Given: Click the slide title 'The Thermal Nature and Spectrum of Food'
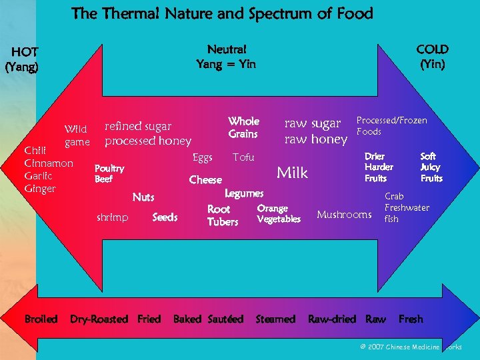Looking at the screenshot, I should click(222, 13).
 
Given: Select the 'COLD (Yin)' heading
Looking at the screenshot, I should click(432, 57).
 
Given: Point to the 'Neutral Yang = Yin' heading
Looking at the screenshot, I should click(226, 57).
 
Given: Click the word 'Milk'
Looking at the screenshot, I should click(292, 173).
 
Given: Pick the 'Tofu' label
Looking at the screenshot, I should click(243, 157).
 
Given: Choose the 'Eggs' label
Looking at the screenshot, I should click(202, 157).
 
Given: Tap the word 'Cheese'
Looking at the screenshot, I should click(205, 180).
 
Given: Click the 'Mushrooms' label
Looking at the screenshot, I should click(344, 215).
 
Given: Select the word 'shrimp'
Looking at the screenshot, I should click(112, 217).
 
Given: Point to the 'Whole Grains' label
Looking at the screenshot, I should click(243, 127).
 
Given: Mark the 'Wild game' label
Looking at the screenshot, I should click(77, 135).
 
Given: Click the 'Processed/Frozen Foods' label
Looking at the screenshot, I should click(391, 126).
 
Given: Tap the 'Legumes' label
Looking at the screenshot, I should click(244, 193).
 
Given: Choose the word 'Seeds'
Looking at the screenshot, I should click(165, 217).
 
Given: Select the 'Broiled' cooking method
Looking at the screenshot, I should click(41, 319).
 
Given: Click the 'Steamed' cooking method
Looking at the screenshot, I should click(275, 319).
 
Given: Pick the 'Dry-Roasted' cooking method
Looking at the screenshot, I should click(99, 319).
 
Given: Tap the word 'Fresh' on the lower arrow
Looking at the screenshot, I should click(411, 319).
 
